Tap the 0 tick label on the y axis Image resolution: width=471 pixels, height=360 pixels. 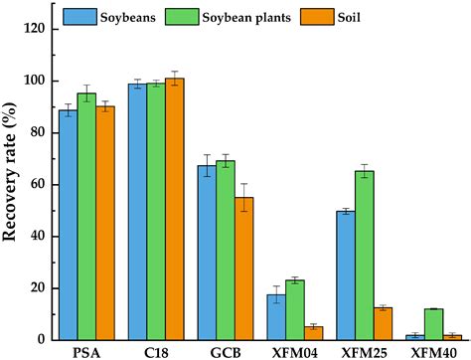[42, 340]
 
